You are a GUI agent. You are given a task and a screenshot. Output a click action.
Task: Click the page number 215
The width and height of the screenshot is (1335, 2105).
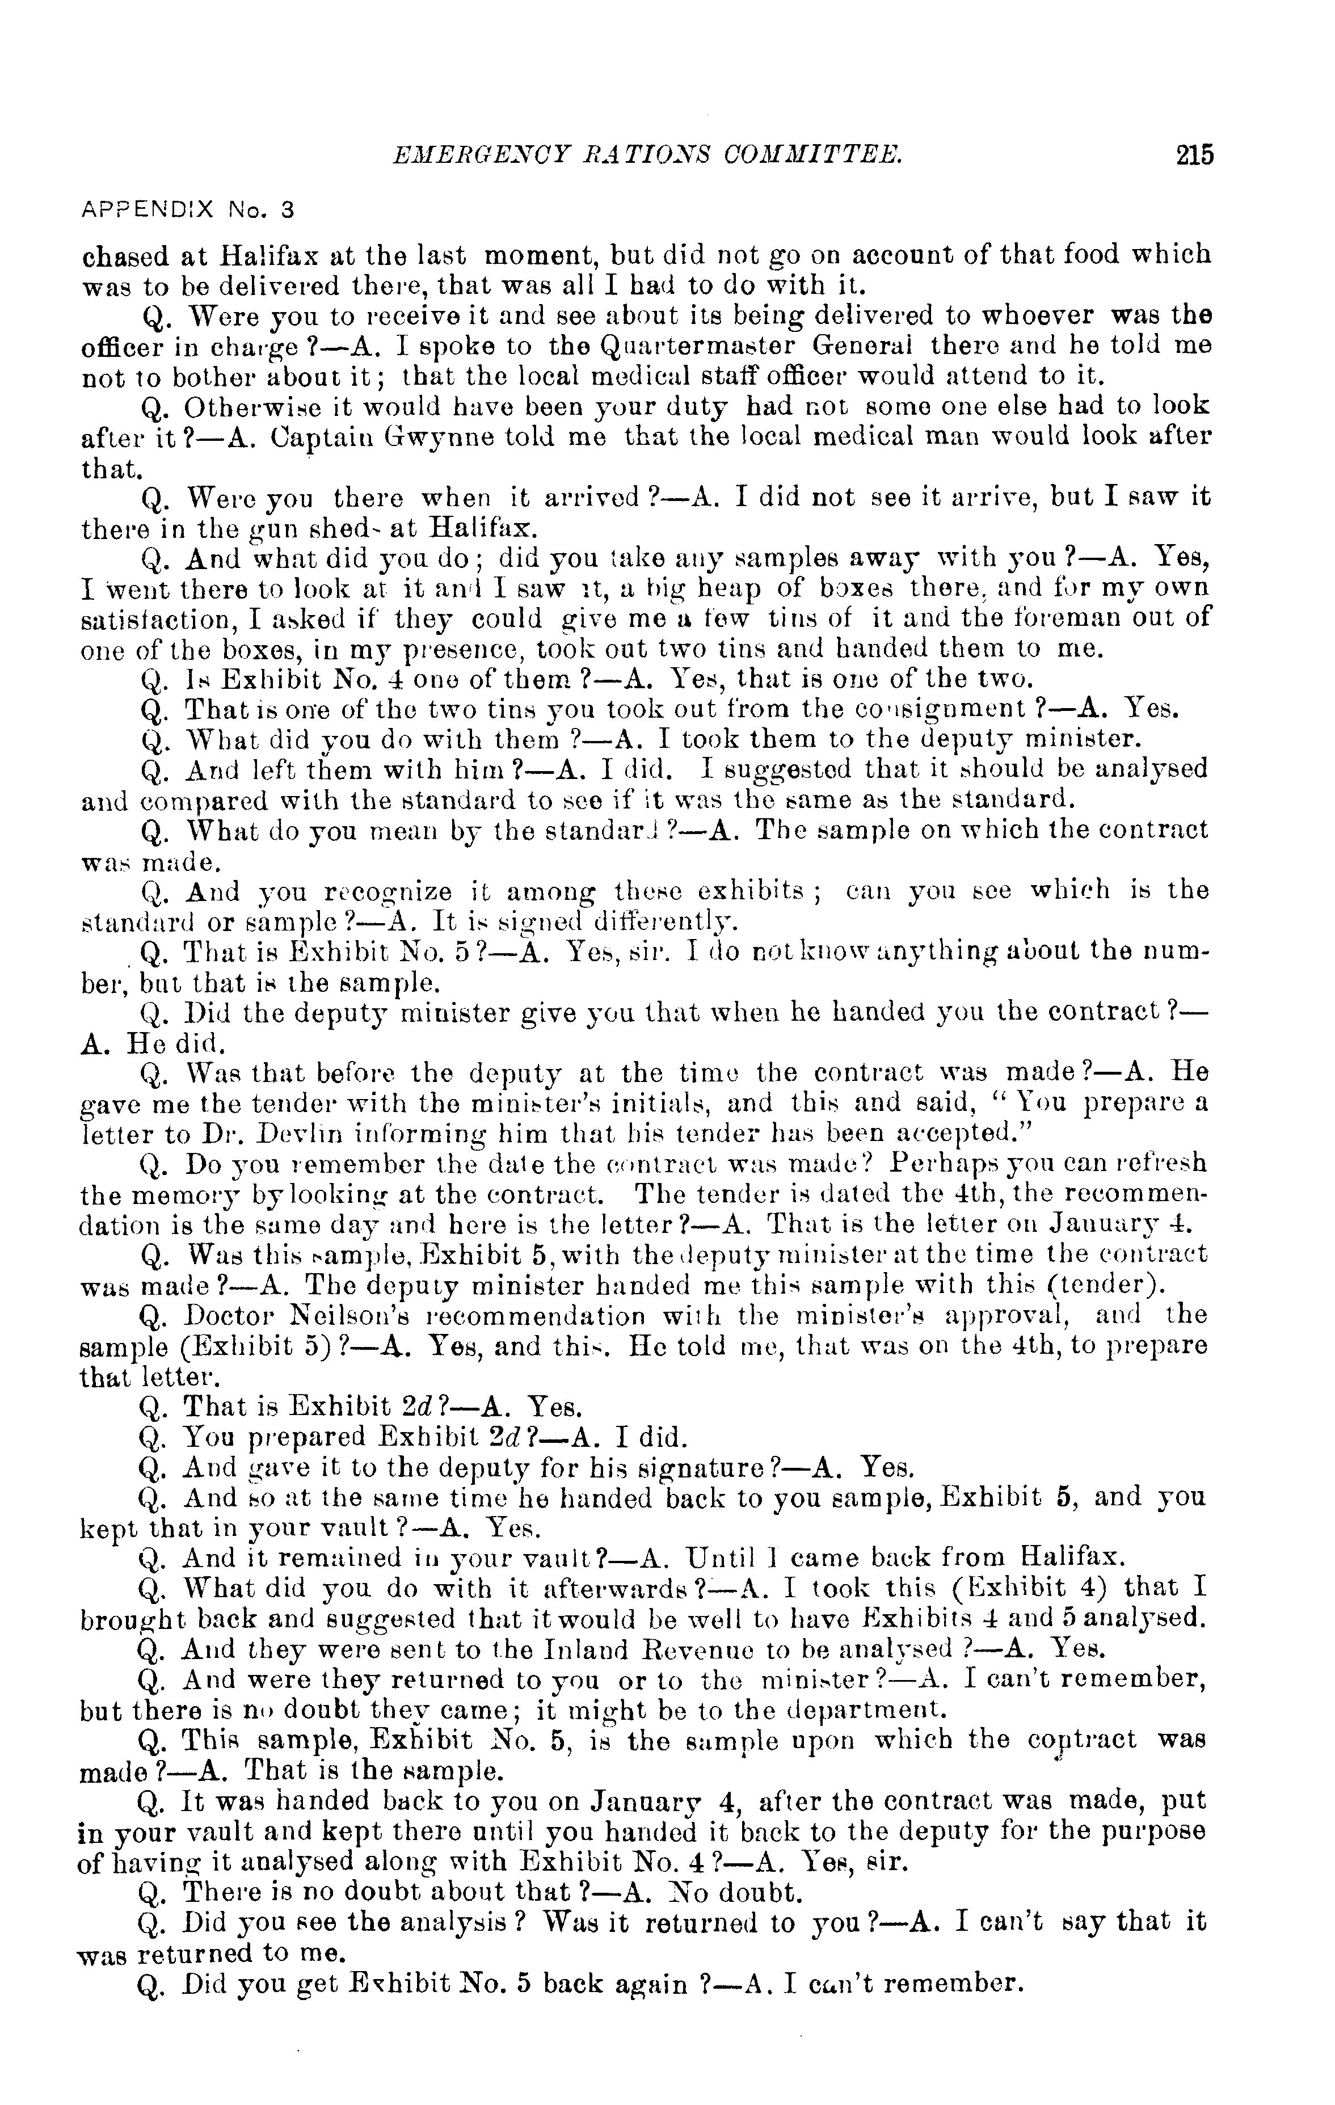tap(1194, 155)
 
